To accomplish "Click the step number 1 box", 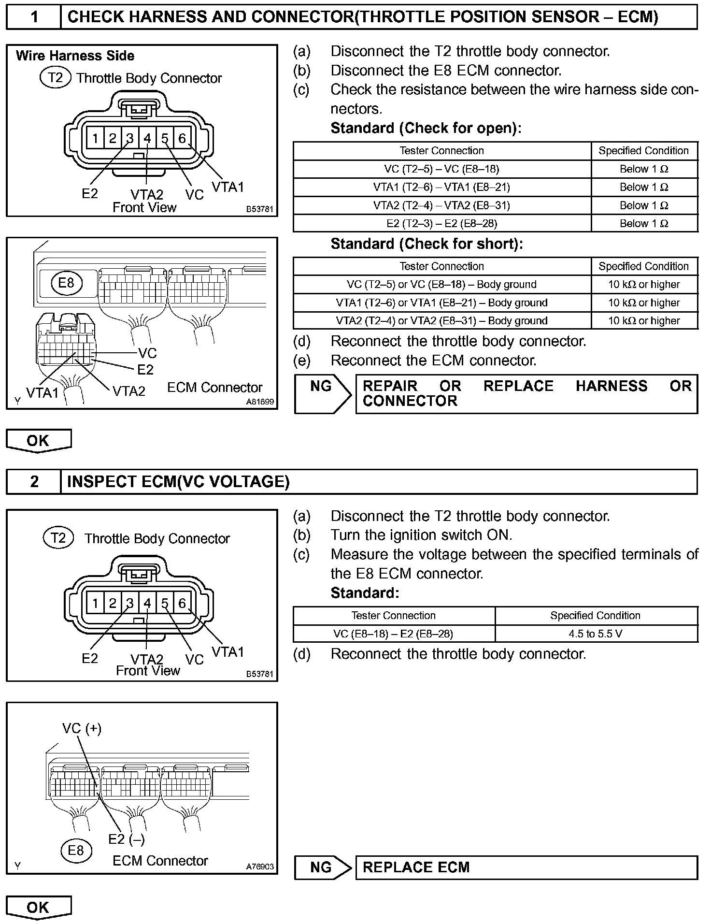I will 34,17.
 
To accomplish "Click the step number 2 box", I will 34,482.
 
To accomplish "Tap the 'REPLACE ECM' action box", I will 526,867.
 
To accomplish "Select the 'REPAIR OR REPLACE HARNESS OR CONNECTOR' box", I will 526,393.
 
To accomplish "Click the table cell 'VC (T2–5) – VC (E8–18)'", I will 441,169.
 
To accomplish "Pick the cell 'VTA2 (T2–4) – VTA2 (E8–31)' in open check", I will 441,205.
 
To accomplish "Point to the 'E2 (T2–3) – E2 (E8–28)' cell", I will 441,223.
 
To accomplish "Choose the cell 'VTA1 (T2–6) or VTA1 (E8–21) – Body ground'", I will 441,303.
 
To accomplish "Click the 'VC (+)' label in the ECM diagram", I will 82,728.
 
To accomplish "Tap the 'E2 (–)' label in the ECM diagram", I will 127,839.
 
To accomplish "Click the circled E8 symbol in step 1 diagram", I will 66,283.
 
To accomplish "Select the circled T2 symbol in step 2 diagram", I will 58,538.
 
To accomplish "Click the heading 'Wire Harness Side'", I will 75,56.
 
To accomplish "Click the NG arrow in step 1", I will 323,393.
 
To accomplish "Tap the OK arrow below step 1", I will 38,441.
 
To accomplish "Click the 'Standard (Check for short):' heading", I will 427,245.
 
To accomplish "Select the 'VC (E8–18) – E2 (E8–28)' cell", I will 393,634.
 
